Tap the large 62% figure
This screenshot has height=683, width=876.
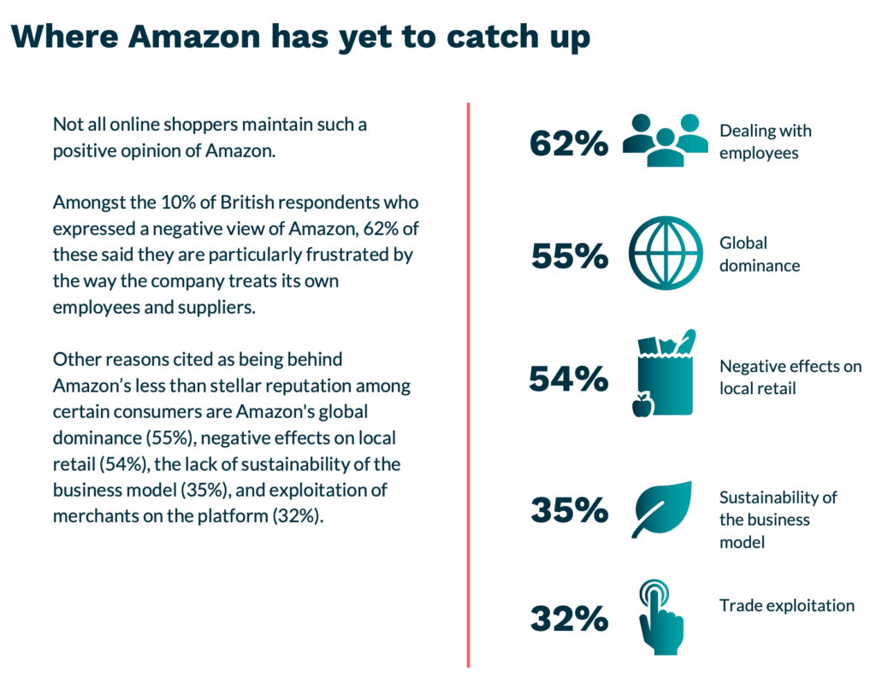pos(569,143)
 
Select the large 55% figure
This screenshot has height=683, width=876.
pos(569,256)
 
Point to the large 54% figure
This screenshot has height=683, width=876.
pos(568,378)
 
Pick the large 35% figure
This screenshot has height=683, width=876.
pos(569,510)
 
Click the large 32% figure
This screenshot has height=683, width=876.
pos(569,618)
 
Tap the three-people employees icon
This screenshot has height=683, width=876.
pos(666,139)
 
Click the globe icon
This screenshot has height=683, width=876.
pos(665,253)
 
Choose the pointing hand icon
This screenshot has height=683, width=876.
pos(661,617)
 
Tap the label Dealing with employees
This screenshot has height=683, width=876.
pos(765,142)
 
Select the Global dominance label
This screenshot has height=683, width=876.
pos(759,254)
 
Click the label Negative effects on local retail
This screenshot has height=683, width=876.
pos(790,377)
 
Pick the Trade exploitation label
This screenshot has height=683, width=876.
pos(786,605)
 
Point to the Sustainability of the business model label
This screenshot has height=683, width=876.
pos(778,519)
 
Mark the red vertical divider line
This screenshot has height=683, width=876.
pos(468,385)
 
